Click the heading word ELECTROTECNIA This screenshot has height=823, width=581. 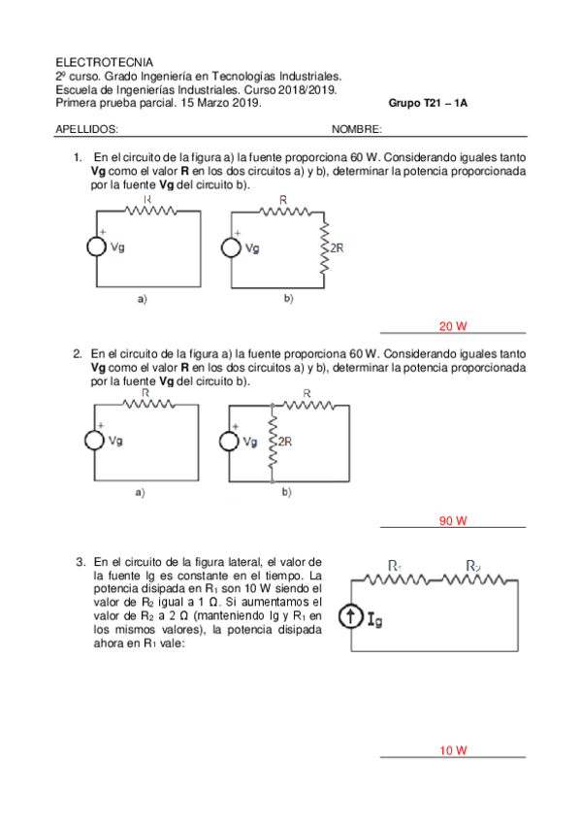[x=97, y=61]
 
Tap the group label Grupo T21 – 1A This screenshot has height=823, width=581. [x=428, y=103]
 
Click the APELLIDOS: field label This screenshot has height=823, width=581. [x=87, y=128]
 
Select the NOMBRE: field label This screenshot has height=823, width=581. [x=357, y=128]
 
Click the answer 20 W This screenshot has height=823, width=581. [x=453, y=326]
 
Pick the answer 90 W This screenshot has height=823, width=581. [x=453, y=521]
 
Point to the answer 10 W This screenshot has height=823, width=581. [x=453, y=750]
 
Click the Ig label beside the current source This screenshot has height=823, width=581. [x=378, y=619]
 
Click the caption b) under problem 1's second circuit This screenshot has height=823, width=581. [x=288, y=300]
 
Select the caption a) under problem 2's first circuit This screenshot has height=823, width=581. [x=141, y=493]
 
